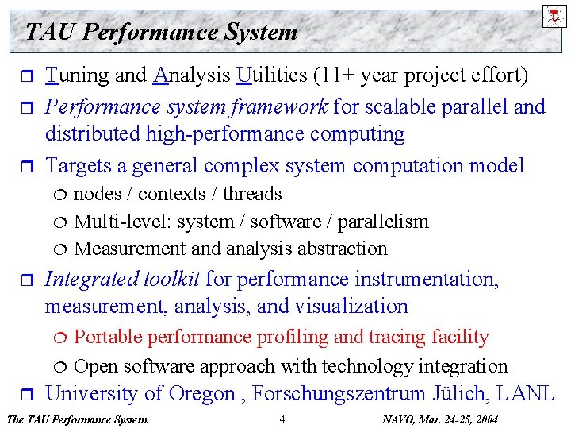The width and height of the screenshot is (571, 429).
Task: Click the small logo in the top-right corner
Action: coord(554,15)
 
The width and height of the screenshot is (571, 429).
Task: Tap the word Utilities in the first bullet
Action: coord(271,75)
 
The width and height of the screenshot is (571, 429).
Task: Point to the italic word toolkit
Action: coord(171,279)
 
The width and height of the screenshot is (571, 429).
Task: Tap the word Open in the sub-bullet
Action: coord(94,366)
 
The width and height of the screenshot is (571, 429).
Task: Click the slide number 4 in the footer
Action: coord(282,419)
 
